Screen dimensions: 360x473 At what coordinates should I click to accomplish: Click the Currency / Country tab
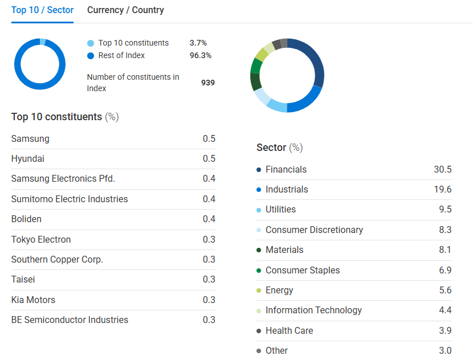[125, 10]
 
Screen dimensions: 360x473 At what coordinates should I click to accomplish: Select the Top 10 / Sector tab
[42, 10]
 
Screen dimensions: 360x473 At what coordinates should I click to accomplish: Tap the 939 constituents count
[208, 83]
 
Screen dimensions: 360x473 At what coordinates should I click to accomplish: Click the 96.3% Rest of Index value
[201, 55]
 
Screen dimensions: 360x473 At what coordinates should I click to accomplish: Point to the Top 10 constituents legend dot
[91, 43]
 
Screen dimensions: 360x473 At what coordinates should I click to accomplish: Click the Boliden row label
[26, 219]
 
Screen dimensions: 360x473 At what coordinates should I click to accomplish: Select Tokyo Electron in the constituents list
[41, 239]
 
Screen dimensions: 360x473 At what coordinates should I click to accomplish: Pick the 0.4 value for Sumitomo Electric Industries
[209, 199]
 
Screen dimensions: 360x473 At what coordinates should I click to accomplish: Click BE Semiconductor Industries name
[70, 320]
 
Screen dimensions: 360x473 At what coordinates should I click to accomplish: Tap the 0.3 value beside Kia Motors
[209, 300]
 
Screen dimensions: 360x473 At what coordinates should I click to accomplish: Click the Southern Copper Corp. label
[57, 259]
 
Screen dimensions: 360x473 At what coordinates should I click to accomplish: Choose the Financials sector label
[286, 170]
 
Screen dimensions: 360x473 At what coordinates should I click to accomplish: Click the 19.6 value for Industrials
[442, 190]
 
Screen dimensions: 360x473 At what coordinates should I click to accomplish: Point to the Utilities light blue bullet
[259, 210]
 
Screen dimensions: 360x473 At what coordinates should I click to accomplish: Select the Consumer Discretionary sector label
[314, 230]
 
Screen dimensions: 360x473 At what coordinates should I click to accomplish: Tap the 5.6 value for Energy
[445, 290]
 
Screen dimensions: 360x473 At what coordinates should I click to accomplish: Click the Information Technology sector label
[313, 310]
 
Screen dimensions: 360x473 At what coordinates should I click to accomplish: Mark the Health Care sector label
[289, 330]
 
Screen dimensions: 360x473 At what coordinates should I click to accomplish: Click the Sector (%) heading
[279, 148]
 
